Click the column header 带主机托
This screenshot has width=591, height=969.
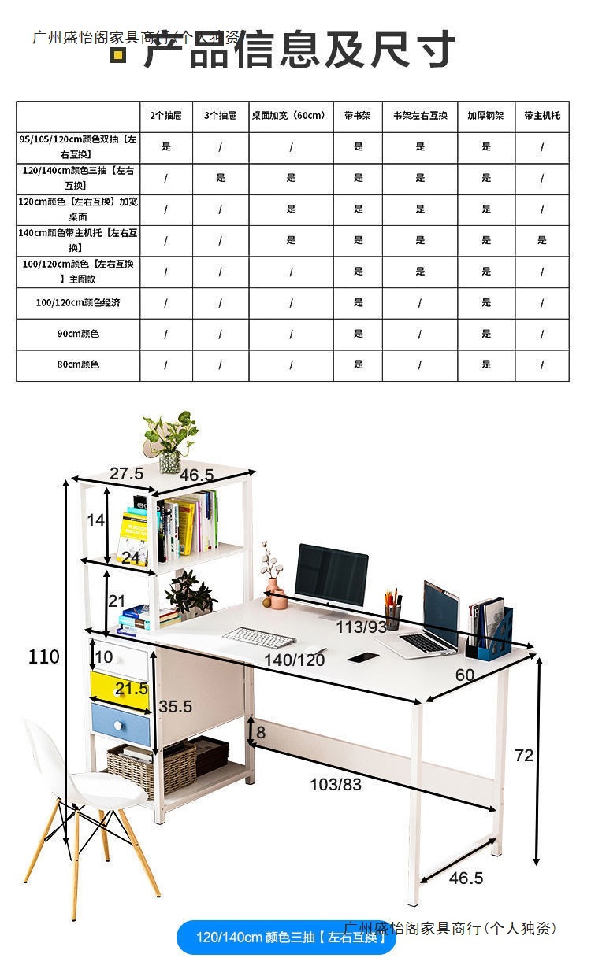[542, 115]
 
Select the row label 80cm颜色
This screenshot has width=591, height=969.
[78, 364]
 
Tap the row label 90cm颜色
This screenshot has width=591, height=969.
[78, 334]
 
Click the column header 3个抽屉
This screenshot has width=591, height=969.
[221, 115]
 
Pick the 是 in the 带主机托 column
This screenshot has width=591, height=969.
[542, 240]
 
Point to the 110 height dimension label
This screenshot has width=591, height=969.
[43, 656]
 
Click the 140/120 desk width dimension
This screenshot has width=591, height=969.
[295, 660]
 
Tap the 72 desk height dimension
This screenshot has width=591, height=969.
[524, 756]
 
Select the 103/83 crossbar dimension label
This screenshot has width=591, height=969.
[336, 784]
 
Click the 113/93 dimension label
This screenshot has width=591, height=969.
[362, 627]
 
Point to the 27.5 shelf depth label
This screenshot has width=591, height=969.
[126, 473]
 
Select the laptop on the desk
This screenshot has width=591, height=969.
[432, 622]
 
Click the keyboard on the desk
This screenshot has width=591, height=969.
[258, 636]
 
